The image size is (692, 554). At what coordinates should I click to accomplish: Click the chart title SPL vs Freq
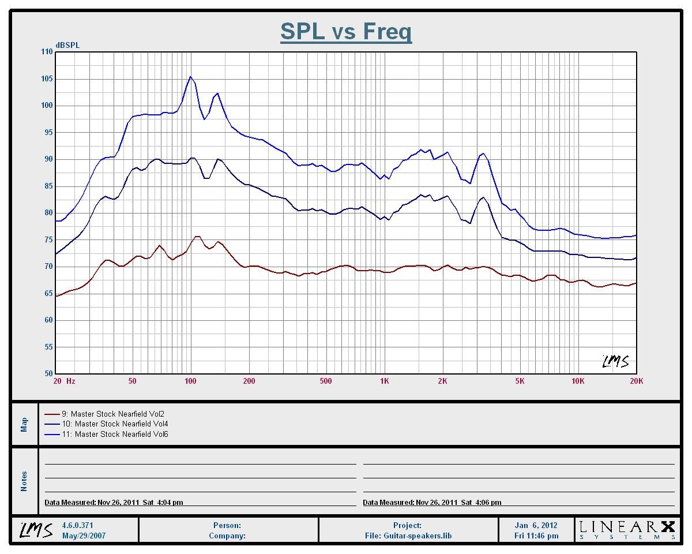tap(346, 31)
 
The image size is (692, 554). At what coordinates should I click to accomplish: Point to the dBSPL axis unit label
tap(67, 45)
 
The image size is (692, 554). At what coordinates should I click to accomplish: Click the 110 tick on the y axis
tap(46, 52)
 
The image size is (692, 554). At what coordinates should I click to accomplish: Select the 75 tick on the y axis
tap(47, 239)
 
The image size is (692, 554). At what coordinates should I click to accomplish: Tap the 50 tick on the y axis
tap(47, 374)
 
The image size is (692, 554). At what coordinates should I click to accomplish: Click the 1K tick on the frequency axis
tap(385, 381)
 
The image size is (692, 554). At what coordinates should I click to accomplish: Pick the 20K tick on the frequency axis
tap(636, 381)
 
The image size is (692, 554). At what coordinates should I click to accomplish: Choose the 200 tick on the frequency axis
tap(249, 381)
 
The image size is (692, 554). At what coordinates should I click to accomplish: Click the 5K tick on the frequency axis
tap(520, 381)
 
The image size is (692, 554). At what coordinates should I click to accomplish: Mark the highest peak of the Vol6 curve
tap(190, 77)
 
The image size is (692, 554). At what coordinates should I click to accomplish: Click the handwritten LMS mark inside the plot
tap(615, 362)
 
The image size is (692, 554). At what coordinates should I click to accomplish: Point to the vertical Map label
tap(24, 424)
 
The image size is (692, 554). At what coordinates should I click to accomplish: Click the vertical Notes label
tap(24, 481)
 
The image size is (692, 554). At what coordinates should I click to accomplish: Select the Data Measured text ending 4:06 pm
tap(432, 503)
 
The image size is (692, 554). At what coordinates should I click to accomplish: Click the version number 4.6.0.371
tap(77, 526)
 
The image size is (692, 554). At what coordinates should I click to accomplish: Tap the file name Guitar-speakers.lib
tap(408, 536)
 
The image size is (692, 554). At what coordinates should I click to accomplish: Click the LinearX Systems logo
tap(627, 529)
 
